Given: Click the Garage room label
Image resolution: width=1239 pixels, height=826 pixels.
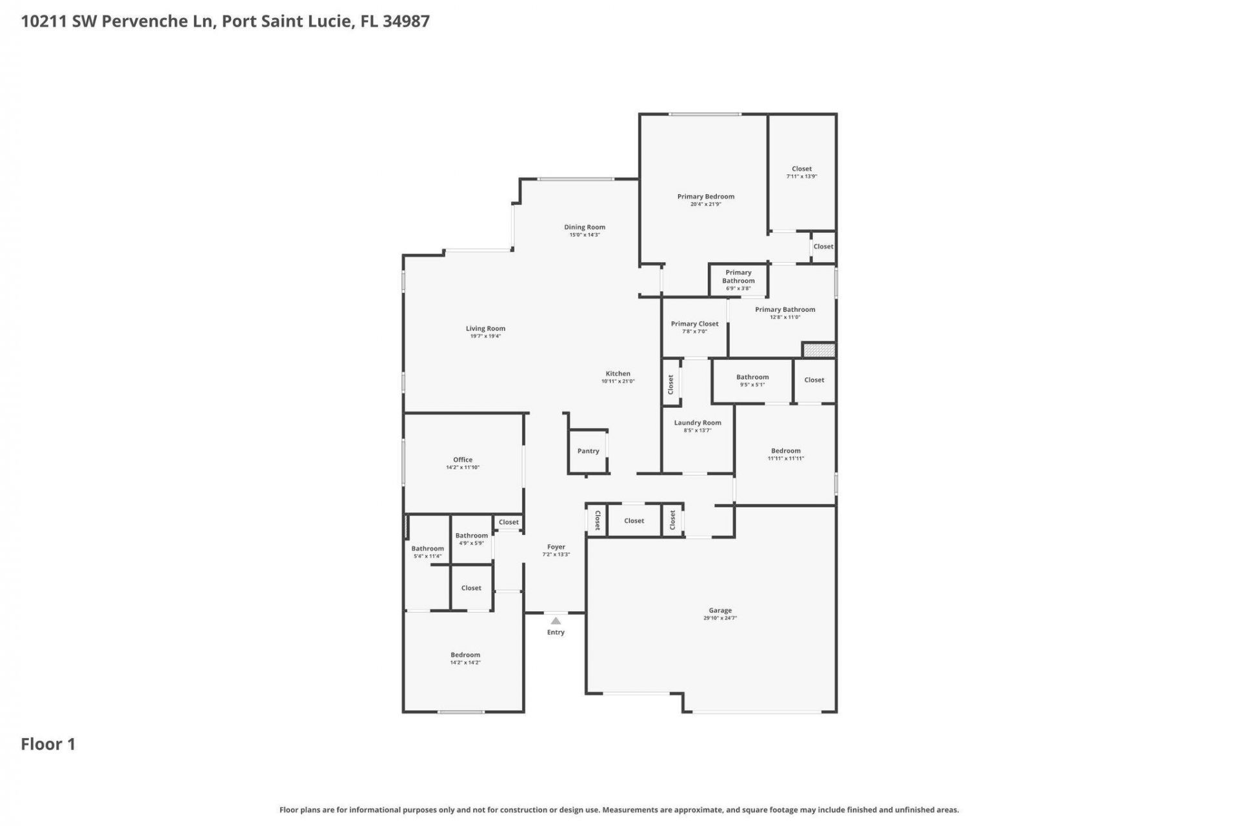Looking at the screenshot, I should tap(720, 610).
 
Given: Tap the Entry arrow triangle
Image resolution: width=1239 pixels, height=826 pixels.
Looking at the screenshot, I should tap(556, 621).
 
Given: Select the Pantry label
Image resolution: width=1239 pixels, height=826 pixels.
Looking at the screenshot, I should tap(588, 451).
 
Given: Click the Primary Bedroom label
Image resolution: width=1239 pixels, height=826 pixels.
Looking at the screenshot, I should tap(705, 196).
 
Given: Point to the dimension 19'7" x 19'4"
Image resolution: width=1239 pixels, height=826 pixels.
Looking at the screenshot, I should tap(485, 336).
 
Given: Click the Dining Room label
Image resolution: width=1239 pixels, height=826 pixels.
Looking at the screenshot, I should tap(585, 227).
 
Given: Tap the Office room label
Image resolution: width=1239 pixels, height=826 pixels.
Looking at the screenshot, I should tap(463, 459).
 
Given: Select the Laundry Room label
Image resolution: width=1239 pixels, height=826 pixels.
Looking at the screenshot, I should tap(698, 423).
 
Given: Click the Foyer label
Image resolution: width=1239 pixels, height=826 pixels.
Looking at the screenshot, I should tap(556, 547).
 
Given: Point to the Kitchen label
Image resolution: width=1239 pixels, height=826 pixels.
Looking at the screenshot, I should tap(618, 373).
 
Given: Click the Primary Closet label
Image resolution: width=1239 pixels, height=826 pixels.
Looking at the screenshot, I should tap(694, 324).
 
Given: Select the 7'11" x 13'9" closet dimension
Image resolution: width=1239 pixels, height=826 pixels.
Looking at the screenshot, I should tap(801, 176).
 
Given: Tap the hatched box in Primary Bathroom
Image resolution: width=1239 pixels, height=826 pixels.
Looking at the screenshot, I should tap(819, 350).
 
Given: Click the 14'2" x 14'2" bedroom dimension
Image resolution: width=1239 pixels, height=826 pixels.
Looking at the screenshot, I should tap(465, 663).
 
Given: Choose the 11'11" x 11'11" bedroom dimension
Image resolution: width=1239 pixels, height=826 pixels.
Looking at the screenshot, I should tap(785, 459).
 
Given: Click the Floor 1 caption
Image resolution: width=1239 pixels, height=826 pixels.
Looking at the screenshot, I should tap(48, 744).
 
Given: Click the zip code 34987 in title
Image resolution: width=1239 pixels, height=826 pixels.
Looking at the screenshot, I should tap(406, 21).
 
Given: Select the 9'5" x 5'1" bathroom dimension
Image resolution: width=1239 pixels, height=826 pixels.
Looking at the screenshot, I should tap(752, 385).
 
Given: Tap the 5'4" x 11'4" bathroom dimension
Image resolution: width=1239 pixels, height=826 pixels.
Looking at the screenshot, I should tap(427, 556).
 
